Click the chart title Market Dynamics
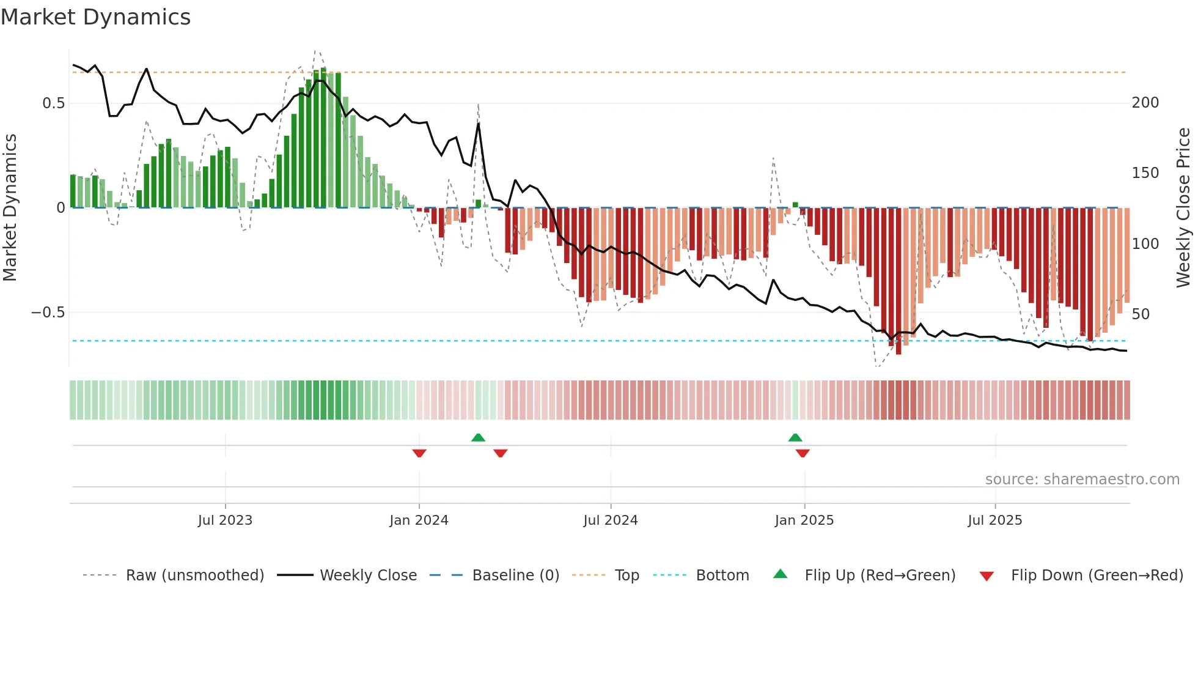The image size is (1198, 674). tap(95, 17)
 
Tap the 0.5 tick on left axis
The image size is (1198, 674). tap(53, 103)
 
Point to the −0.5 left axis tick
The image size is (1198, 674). tap(48, 313)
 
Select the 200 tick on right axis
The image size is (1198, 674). tap(1145, 103)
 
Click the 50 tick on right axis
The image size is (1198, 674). tap(1140, 314)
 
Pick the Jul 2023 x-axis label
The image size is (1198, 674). tap(225, 520)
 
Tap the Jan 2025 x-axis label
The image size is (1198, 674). tap(804, 520)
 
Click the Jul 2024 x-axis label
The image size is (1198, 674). tap(610, 520)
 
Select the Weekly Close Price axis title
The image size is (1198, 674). tap(1183, 208)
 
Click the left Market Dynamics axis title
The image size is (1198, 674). tap(10, 208)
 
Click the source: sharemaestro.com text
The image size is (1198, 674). tap(1082, 480)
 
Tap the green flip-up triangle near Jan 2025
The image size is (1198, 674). tap(795, 438)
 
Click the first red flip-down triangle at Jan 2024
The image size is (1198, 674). tap(419, 453)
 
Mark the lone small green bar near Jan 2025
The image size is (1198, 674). tap(795, 205)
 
